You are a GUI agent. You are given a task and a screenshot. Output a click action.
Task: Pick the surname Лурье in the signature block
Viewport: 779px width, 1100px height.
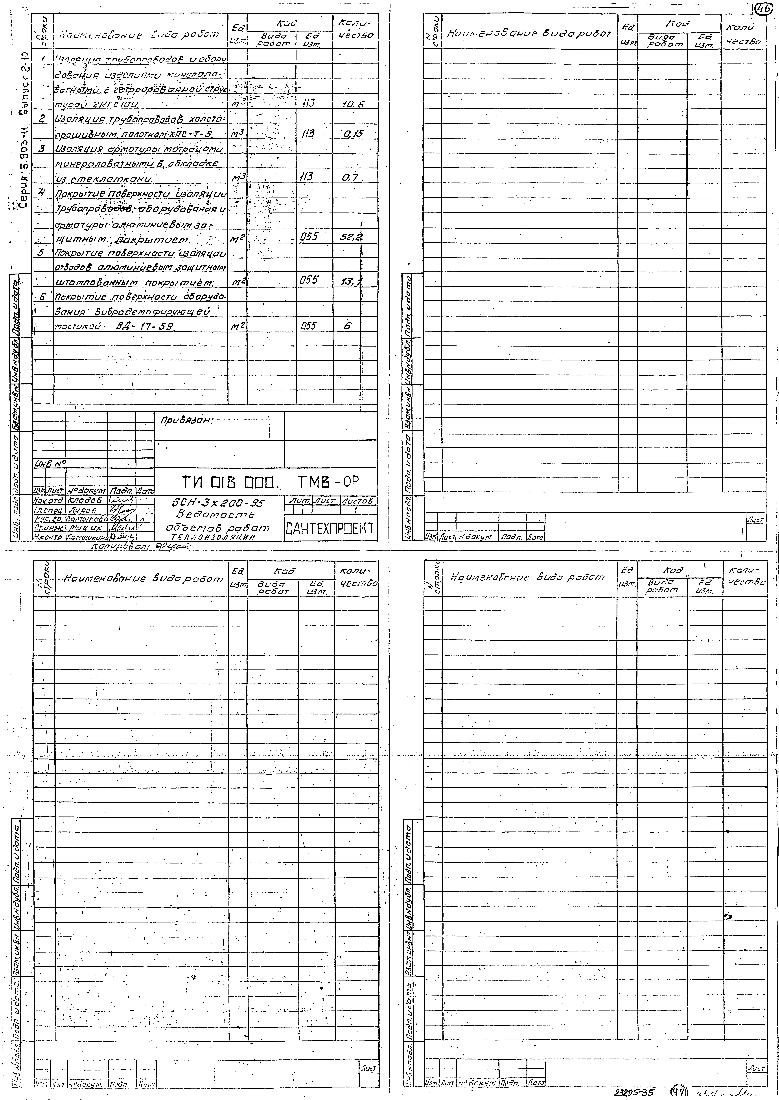pyautogui.click(x=83, y=510)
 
